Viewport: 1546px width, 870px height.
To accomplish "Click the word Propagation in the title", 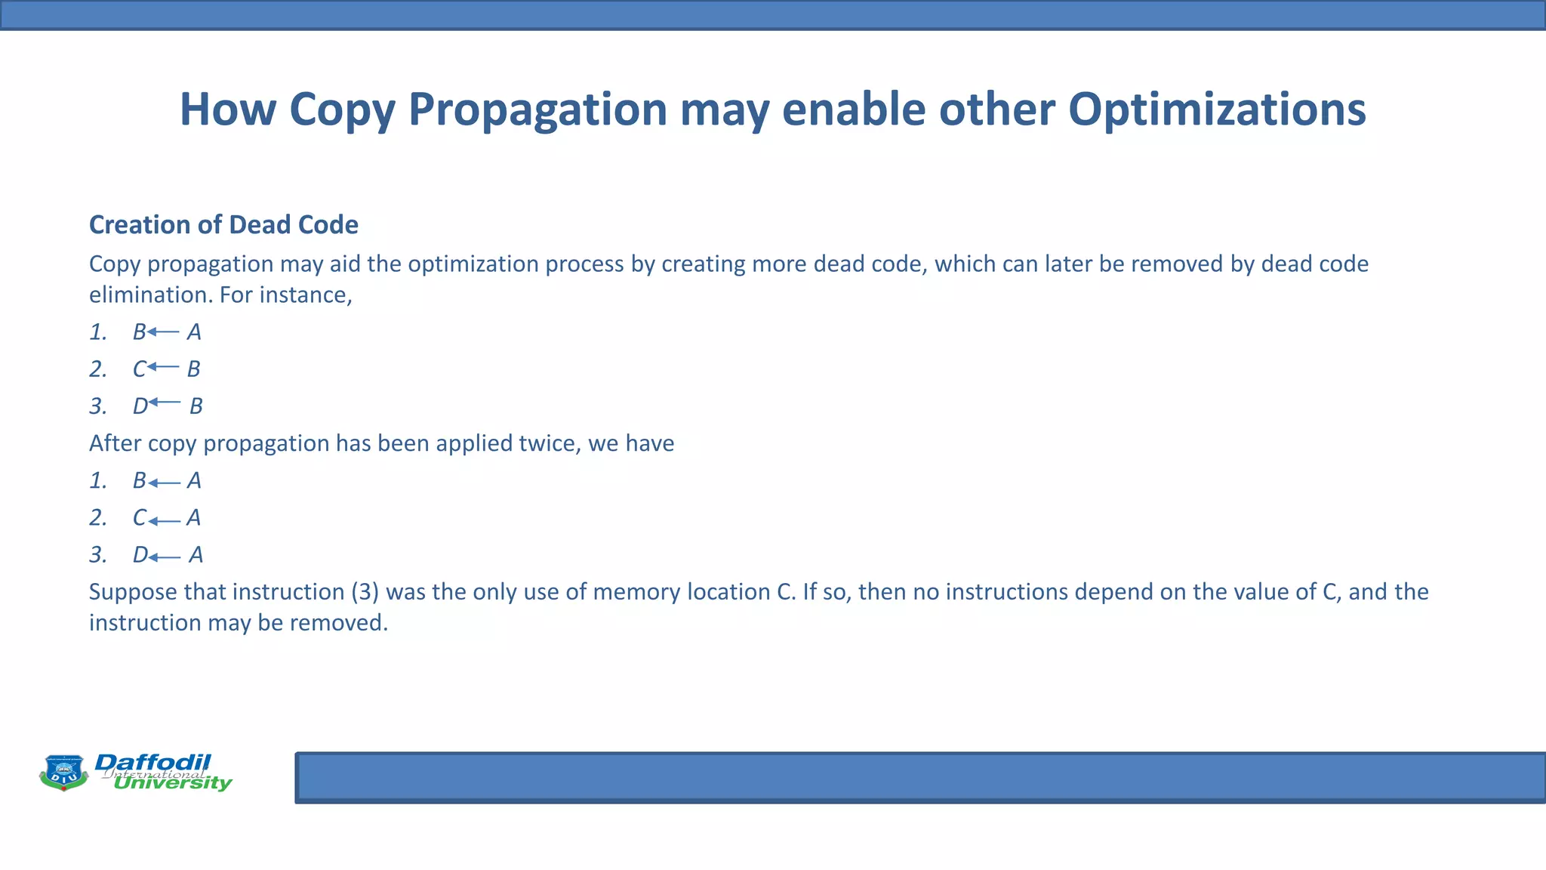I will coord(537,110).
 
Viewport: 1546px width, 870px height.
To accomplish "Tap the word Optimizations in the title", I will coord(1216,110).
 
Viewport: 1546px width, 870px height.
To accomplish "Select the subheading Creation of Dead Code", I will coord(223,225).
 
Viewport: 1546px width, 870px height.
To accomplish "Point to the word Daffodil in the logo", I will coord(152,762).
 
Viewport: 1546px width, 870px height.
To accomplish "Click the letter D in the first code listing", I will coord(140,406).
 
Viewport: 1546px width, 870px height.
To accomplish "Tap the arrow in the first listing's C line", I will coord(164,367).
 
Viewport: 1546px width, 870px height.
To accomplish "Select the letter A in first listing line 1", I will coord(194,332).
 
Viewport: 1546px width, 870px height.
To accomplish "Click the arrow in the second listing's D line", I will coord(165,557).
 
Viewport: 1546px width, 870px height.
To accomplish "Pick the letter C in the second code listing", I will coord(140,518).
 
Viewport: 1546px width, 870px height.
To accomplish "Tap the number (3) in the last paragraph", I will coord(365,591).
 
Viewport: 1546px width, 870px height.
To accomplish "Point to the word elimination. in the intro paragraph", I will coord(150,295).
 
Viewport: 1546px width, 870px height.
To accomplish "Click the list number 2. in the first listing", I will coord(98,369).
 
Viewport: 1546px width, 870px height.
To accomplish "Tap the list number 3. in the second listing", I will coord(98,555).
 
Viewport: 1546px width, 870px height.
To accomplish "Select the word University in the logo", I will coord(172,783).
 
